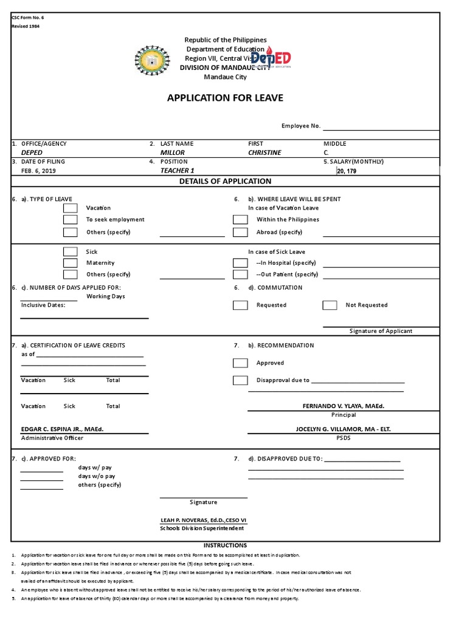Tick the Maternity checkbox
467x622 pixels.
tap(71, 263)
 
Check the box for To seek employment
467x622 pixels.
tap(71, 220)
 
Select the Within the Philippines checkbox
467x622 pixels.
tap(240, 220)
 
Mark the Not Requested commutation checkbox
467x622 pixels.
tap(330, 306)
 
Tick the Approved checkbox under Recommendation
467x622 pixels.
tap(240, 363)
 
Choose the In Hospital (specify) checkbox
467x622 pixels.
tap(240, 263)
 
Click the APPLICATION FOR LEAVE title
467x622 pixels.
tap(225, 98)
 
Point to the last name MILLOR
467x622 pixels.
tap(172, 153)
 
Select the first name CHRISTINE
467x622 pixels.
tap(265, 153)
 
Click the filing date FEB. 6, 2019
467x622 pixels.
tap(38, 171)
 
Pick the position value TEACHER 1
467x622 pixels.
tap(177, 171)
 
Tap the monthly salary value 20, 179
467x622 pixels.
tap(348, 171)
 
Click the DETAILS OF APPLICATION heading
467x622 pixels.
tap(225, 181)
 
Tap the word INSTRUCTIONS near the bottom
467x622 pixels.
tap(225, 545)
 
